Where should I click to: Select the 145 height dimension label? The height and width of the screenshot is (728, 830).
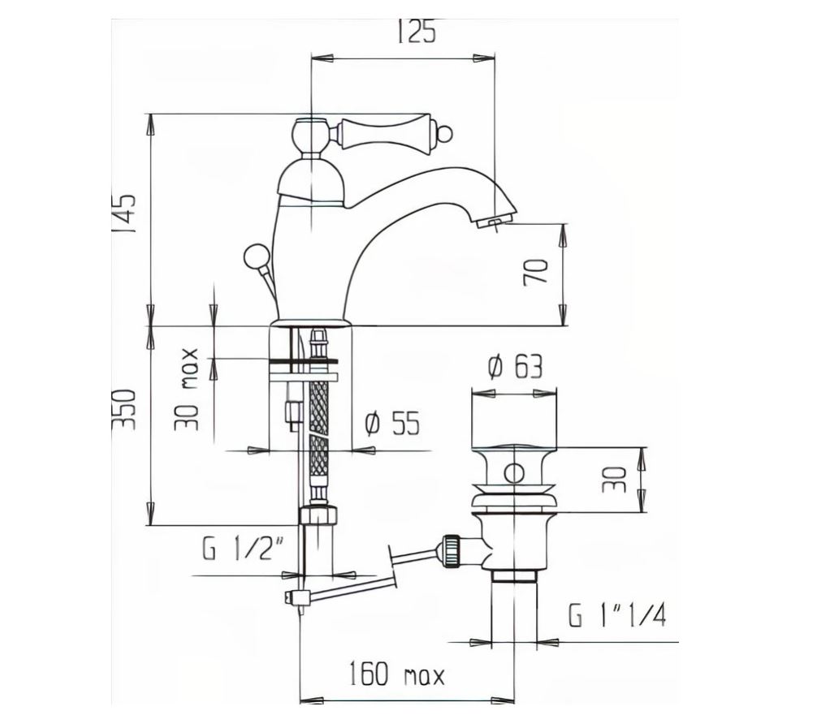(x=124, y=213)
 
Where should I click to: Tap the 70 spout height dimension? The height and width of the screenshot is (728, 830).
(x=536, y=272)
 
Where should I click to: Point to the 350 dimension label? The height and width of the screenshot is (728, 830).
(x=124, y=410)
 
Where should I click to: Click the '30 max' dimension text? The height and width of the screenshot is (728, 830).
(x=187, y=389)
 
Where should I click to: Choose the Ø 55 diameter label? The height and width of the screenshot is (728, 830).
(x=392, y=424)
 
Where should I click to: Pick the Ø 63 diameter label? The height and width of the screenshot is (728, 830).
(x=515, y=367)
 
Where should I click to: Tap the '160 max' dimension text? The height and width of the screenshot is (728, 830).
(x=396, y=674)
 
